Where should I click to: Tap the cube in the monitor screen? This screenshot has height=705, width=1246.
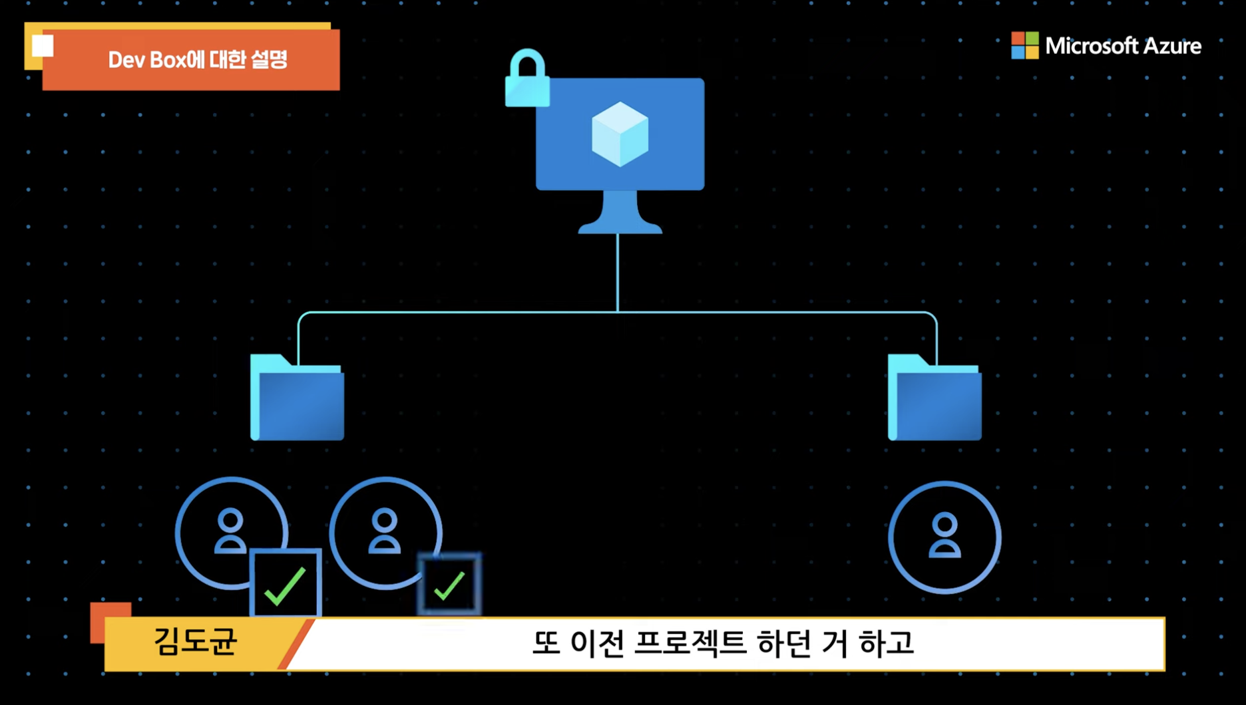[x=620, y=134]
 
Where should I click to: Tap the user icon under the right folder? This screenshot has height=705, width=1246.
[x=944, y=536]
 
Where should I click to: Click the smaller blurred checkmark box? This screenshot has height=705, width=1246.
[x=449, y=584]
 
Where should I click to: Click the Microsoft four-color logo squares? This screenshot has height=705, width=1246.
[x=1024, y=45]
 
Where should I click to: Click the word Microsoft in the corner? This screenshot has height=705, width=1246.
[x=1091, y=46]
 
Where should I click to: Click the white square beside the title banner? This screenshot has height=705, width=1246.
[x=43, y=46]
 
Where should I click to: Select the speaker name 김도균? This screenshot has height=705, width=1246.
[x=195, y=642]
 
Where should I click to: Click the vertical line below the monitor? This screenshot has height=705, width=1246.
[x=618, y=273]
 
